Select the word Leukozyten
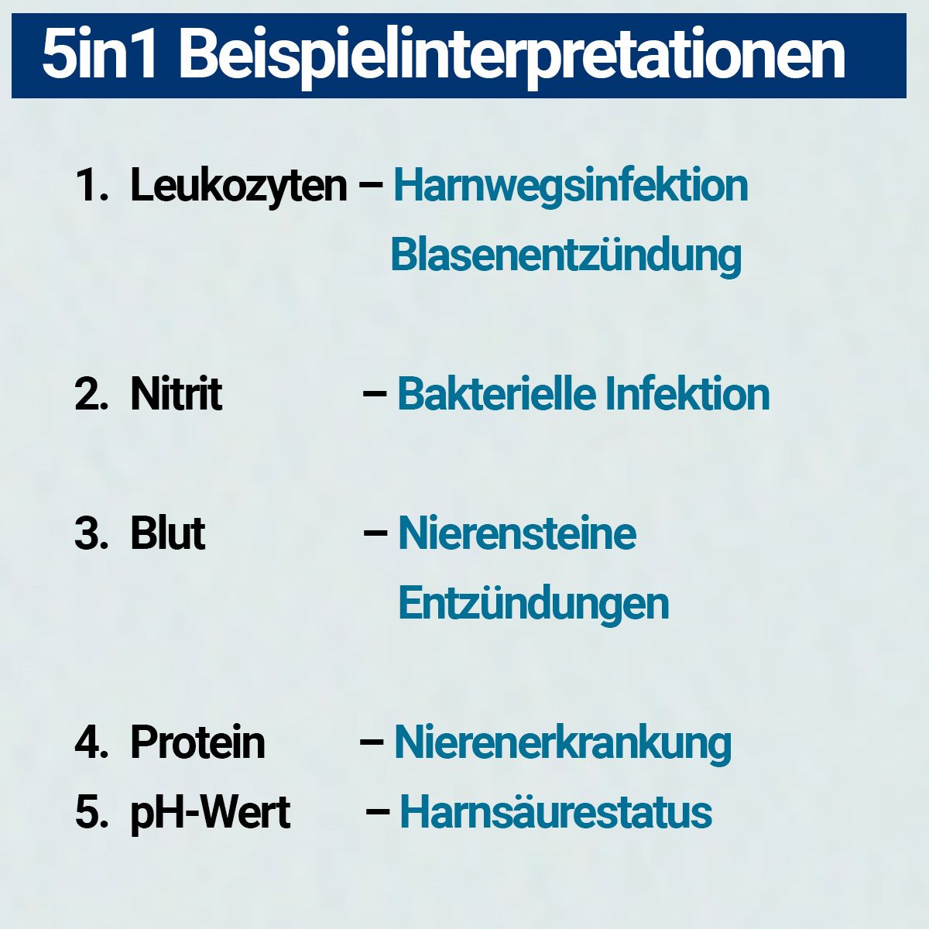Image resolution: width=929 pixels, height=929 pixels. coord(238,187)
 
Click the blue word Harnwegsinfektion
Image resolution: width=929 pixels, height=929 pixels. coord(571,187)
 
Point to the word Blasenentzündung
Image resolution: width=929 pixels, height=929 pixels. coord(566,255)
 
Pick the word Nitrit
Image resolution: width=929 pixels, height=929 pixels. coord(176,394)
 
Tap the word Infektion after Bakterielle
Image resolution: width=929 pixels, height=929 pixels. coord(687,394)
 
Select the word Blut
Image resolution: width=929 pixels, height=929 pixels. coord(167,533)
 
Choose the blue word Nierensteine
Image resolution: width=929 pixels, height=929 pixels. coord(517,533)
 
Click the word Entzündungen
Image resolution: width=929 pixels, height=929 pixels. coord(533,603)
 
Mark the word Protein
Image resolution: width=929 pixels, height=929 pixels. coord(197,742)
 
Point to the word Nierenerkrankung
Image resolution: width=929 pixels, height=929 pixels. coord(563,742)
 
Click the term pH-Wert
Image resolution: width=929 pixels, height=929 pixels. coord(210,813)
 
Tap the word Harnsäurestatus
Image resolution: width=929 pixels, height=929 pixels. coord(555,813)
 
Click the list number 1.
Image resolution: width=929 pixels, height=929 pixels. coord(89,187)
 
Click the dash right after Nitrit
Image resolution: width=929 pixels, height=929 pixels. coord(375,394)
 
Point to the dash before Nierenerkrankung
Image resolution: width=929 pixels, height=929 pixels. coord(372,742)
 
